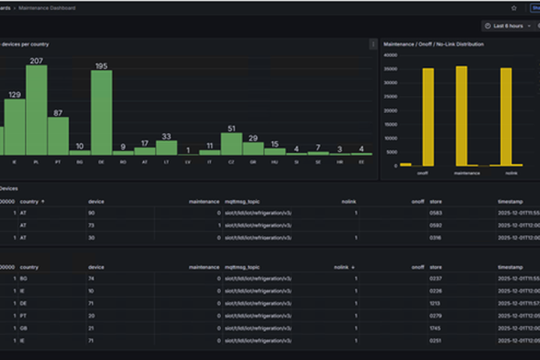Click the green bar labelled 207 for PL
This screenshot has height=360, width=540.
[x=37, y=109]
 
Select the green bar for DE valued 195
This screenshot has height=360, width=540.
[x=101, y=112]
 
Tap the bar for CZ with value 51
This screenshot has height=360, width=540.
[x=231, y=143]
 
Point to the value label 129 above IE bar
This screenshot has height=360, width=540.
[x=14, y=94]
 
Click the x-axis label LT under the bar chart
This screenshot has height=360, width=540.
[x=166, y=160]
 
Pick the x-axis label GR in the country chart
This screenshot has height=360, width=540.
[x=253, y=160]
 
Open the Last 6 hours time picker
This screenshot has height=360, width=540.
[x=508, y=25]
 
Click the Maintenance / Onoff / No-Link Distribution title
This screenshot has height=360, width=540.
[x=433, y=44]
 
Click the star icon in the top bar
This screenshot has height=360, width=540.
[x=514, y=7]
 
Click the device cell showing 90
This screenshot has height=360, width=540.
[x=91, y=213]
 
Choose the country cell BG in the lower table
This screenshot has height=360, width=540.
[x=24, y=278]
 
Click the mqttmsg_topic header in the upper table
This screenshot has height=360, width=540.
[x=243, y=201]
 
